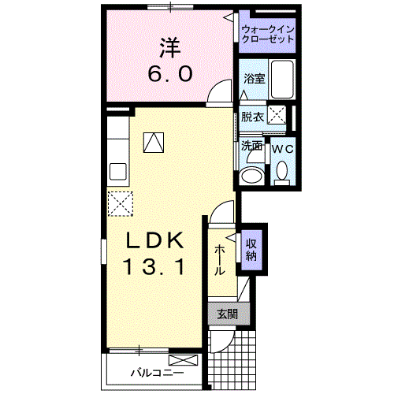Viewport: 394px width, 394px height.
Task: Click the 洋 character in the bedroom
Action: [x=168, y=47]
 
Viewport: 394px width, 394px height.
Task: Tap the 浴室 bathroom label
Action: [x=254, y=79]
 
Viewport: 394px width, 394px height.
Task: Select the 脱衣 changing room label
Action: [x=252, y=117]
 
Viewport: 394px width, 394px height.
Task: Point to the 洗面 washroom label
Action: [x=251, y=146]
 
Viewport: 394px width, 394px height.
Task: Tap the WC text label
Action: [x=282, y=147]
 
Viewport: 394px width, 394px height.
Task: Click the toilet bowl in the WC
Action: [x=282, y=171]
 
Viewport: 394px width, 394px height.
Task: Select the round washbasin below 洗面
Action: [x=253, y=173]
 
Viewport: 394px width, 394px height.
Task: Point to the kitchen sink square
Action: [x=119, y=171]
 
